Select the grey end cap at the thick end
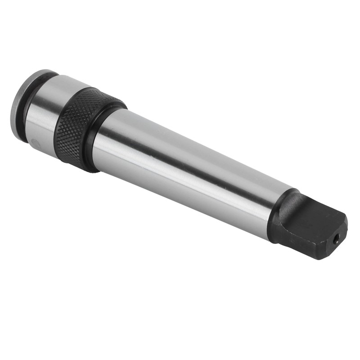pyautogui.click(x=18, y=106)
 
